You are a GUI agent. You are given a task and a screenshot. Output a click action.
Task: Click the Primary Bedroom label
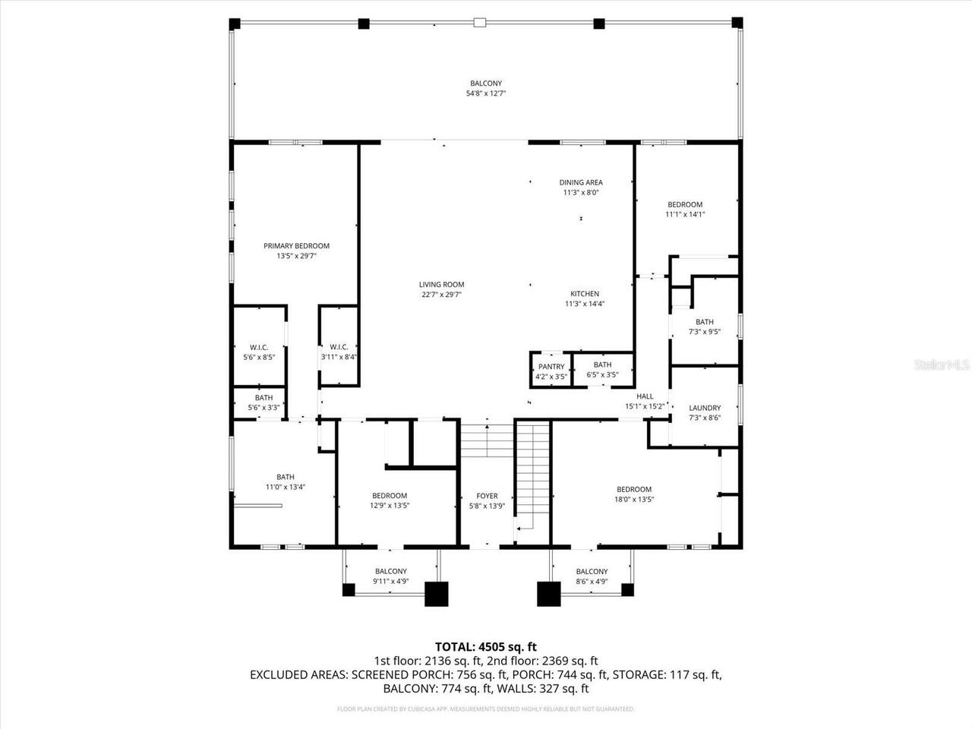[x=296, y=246]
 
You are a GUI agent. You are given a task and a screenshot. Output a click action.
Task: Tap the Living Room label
[x=441, y=285]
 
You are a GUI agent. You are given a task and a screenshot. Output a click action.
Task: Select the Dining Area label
[x=581, y=182]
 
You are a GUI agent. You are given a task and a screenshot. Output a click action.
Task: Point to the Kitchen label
[x=585, y=294]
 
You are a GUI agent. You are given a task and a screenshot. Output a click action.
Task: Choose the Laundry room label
[x=705, y=408]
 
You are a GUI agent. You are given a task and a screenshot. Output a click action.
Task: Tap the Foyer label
[x=487, y=496]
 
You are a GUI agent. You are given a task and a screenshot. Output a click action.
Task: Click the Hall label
[x=645, y=396]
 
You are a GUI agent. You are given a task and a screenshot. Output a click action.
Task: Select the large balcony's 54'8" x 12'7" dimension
[x=486, y=93]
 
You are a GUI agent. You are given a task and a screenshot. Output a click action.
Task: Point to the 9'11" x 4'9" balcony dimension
[x=391, y=582]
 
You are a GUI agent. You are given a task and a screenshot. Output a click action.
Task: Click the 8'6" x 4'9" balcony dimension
[x=592, y=582]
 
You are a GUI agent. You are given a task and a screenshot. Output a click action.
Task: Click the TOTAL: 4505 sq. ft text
[x=486, y=647]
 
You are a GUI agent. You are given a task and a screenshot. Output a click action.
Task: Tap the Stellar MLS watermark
[x=942, y=365]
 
